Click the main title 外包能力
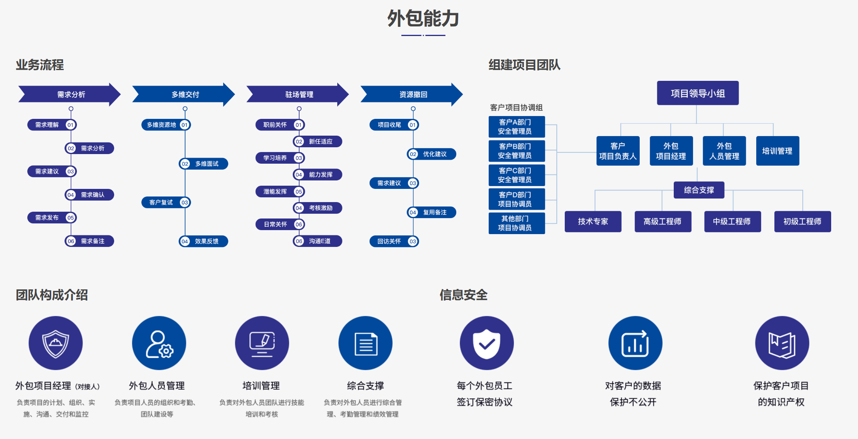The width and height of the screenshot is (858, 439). [x=423, y=19]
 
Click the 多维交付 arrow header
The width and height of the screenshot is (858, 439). [x=185, y=94]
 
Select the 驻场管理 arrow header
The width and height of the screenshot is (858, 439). [x=299, y=94]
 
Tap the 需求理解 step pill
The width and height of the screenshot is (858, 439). [x=51, y=125]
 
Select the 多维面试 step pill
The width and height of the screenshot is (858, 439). [x=203, y=164]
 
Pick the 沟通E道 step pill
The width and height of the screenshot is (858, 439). [x=318, y=241]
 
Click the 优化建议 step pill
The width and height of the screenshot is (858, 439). [x=432, y=154]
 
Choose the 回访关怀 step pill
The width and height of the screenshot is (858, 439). [x=394, y=241]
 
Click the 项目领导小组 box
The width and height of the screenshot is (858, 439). [x=697, y=93]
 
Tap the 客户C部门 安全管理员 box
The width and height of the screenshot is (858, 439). [x=516, y=175]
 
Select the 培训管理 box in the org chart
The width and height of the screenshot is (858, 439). [x=777, y=151]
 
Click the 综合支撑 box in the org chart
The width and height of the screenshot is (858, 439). [x=699, y=190]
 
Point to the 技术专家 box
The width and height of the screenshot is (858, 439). [x=593, y=221]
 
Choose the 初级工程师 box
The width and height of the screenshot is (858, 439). [x=802, y=221]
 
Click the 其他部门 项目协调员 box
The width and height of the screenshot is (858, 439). [x=516, y=223]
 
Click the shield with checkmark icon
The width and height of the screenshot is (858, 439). [x=486, y=343]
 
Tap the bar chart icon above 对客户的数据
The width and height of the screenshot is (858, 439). [x=635, y=343]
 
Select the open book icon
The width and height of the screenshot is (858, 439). [x=781, y=343]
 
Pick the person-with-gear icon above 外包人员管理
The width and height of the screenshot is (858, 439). [x=159, y=343]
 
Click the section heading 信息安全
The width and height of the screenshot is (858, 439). [x=463, y=295]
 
